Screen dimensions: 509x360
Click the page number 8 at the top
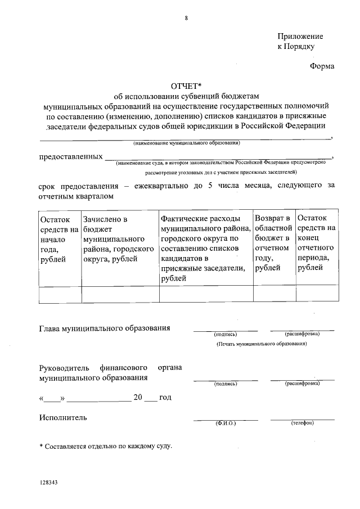pos(186,18)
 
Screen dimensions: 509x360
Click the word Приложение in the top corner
pos(300,35)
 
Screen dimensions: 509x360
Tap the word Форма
pos(322,66)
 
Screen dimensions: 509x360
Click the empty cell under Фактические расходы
pos(205,294)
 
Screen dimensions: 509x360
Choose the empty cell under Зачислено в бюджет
pos(120,294)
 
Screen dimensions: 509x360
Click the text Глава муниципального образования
pos(104,328)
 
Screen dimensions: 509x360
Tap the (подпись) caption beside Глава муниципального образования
pos(226,334)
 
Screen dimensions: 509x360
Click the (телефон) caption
pos(302,422)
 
